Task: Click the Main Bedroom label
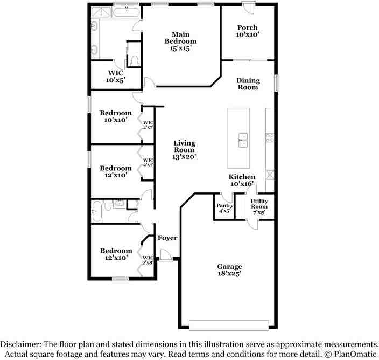(x=180, y=41)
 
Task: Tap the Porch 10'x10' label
(x=247, y=31)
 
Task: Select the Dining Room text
(x=248, y=84)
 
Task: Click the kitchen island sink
(x=243, y=140)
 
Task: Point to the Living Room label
(x=184, y=150)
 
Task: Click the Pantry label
(x=224, y=208)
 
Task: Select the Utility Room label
(x=259, y=207)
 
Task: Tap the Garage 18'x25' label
(x=229, y=270)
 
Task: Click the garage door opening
(x=229, y=325)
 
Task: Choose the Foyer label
(x=167, y=238)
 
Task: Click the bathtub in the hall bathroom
(x=97, y=211)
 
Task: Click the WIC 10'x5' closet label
(x=116, y=76)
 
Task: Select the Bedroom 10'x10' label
(x=116, y=116)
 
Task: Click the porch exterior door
(x=247, y=8)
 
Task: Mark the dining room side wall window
(x=277, y=84)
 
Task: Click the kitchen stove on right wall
(x=270, y=138)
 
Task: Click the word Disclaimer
(x=21, y=344)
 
